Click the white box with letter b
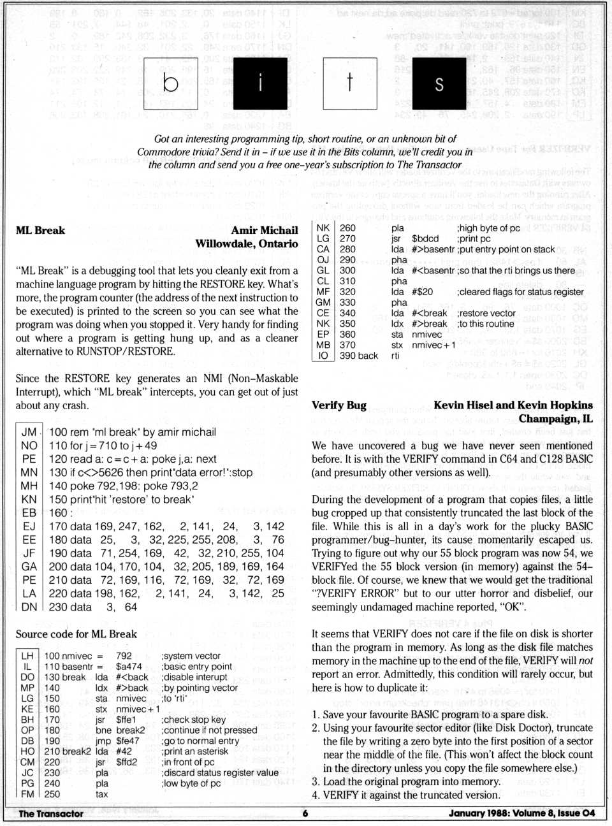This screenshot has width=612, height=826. tap(170, 83)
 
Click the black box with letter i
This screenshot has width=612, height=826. tap(260, 83)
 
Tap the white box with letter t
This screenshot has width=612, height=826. tap(349, 83)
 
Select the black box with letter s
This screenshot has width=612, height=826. tap(439, 83)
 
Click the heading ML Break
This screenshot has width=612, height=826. tap(40, 230)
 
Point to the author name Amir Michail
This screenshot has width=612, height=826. tap(264, 230)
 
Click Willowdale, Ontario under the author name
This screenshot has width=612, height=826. tap(246, 243)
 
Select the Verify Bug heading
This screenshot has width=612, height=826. tap(339, 405)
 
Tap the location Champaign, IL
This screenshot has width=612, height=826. tap(555, 419)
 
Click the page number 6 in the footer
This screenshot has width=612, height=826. tap(305, 813)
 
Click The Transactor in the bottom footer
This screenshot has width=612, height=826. tap(51, 813)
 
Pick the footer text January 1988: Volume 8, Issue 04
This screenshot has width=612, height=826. tap(521, 813)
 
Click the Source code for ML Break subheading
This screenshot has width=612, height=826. tap(76, 634)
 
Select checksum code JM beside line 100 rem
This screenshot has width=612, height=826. tap(29, 432)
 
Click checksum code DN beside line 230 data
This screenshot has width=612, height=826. tap(29, 607)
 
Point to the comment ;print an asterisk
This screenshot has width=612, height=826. tap(194, 751)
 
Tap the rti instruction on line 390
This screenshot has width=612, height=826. tap(395, 356)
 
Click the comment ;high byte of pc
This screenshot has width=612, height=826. tap(488, 228)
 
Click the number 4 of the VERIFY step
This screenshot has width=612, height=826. tap(315, 795)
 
